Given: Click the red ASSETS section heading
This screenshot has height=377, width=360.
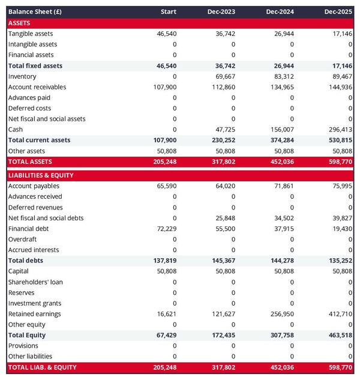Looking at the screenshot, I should pos(19,23).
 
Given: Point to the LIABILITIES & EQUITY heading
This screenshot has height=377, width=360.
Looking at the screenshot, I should pos(41,175).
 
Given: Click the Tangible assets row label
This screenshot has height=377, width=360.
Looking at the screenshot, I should pos(31,34).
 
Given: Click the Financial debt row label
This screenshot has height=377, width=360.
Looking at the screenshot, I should pos(28,229).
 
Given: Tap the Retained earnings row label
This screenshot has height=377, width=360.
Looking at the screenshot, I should pos(34,314).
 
